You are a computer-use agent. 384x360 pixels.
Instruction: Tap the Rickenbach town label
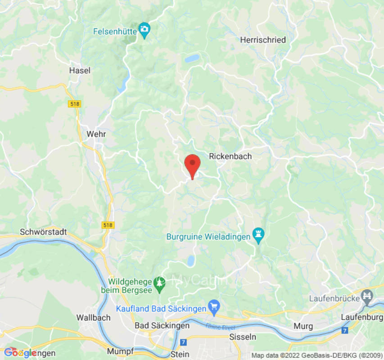pos(230,156)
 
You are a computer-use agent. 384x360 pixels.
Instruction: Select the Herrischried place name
pos(263,40)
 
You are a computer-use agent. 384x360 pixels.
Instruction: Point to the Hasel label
pos(80,70)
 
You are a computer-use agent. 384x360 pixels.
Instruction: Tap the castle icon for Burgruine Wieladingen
pos(258,234)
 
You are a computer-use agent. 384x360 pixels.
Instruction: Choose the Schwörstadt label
pos(44,232)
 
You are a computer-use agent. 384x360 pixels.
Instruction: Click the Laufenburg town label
pos(362,317)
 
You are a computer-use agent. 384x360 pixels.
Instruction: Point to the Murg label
pos(303,325)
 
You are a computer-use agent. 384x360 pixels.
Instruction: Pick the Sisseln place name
pos(243,337)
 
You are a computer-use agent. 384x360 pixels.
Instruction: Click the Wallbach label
pos(93,317)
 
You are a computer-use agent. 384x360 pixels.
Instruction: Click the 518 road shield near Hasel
pos(75,104)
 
